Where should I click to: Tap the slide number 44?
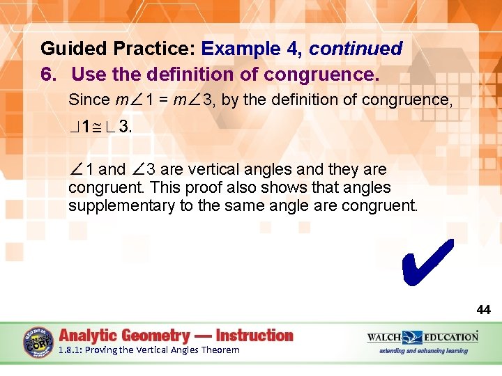coord(483,310)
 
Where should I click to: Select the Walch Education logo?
coord(423,337)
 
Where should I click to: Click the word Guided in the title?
coord(69,49)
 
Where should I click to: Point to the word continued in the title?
coord(356,49)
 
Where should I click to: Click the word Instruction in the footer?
coord(254,336)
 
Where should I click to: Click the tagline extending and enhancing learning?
coord(423,350)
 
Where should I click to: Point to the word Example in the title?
coord(234,49)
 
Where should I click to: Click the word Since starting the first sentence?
coord(89,100)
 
